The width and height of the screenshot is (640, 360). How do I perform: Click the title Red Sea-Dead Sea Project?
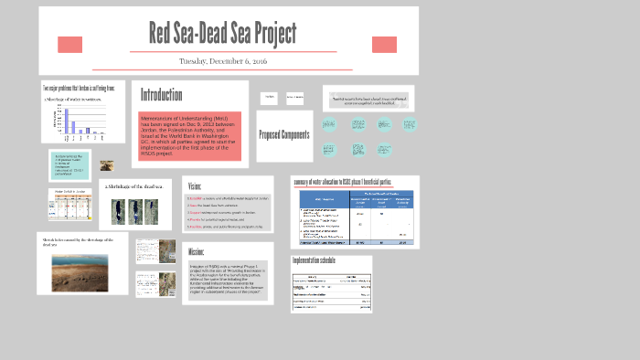pos(222,34)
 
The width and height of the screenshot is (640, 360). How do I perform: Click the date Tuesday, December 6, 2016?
pos(223,61)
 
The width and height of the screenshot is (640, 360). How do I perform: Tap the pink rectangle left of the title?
pos(69,45)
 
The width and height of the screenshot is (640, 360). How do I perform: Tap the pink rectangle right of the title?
pos(384,45)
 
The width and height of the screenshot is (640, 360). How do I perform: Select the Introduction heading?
pos(161,95)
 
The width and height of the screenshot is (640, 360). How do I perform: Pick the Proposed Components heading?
pos(283,135)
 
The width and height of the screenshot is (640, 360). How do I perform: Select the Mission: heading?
pos(197,251)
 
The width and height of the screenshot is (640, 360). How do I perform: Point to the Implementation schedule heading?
pos(315,261)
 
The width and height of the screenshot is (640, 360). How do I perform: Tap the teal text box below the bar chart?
pos(69,165)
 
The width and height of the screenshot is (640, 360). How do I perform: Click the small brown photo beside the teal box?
pos(107,166)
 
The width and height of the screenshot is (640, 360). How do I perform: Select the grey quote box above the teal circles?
pos(368,99)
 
